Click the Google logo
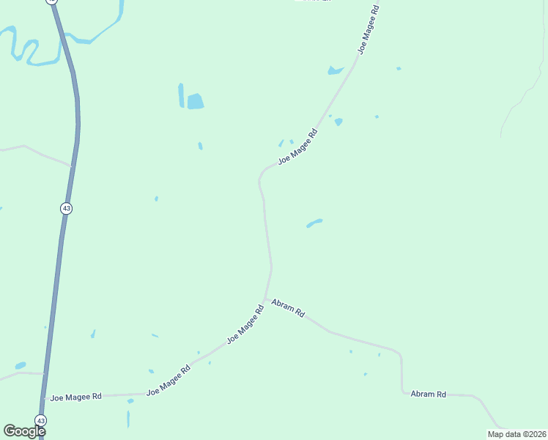25,431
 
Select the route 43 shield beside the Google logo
41,421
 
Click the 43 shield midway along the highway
67,208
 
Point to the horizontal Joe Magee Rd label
75,397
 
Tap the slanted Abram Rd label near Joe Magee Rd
288,307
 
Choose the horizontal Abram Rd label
429,394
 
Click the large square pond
195,101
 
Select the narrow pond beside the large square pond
181,95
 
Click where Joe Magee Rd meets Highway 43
45,397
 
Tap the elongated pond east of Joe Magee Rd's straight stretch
314,222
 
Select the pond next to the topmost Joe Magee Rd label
336,70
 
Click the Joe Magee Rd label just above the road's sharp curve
297,147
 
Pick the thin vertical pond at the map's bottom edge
128,419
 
